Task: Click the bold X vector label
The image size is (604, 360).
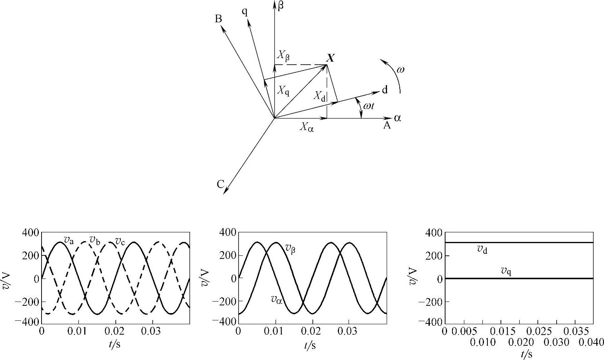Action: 330,58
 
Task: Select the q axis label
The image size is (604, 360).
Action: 245,12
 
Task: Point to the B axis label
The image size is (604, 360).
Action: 218,19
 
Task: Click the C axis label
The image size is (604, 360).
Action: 220,185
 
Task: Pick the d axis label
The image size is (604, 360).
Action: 384,90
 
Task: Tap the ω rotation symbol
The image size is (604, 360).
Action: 400,70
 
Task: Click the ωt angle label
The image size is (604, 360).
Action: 369,105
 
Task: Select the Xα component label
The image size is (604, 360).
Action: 307,127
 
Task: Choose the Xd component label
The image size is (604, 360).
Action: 319,96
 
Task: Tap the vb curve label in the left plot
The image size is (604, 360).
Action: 95,240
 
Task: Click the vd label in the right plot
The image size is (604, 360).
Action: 482,250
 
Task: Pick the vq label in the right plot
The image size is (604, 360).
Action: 506,271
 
